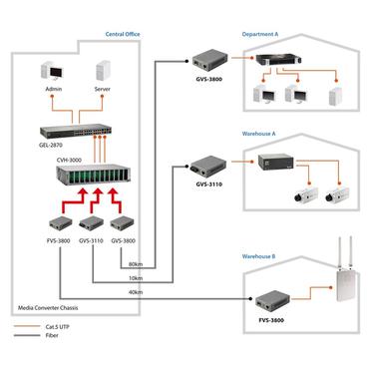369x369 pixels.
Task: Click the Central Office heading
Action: [122, 34]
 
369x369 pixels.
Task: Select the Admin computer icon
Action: [54, 73]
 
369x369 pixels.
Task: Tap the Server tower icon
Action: [102, 73]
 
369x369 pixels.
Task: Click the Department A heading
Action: [262, 34]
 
